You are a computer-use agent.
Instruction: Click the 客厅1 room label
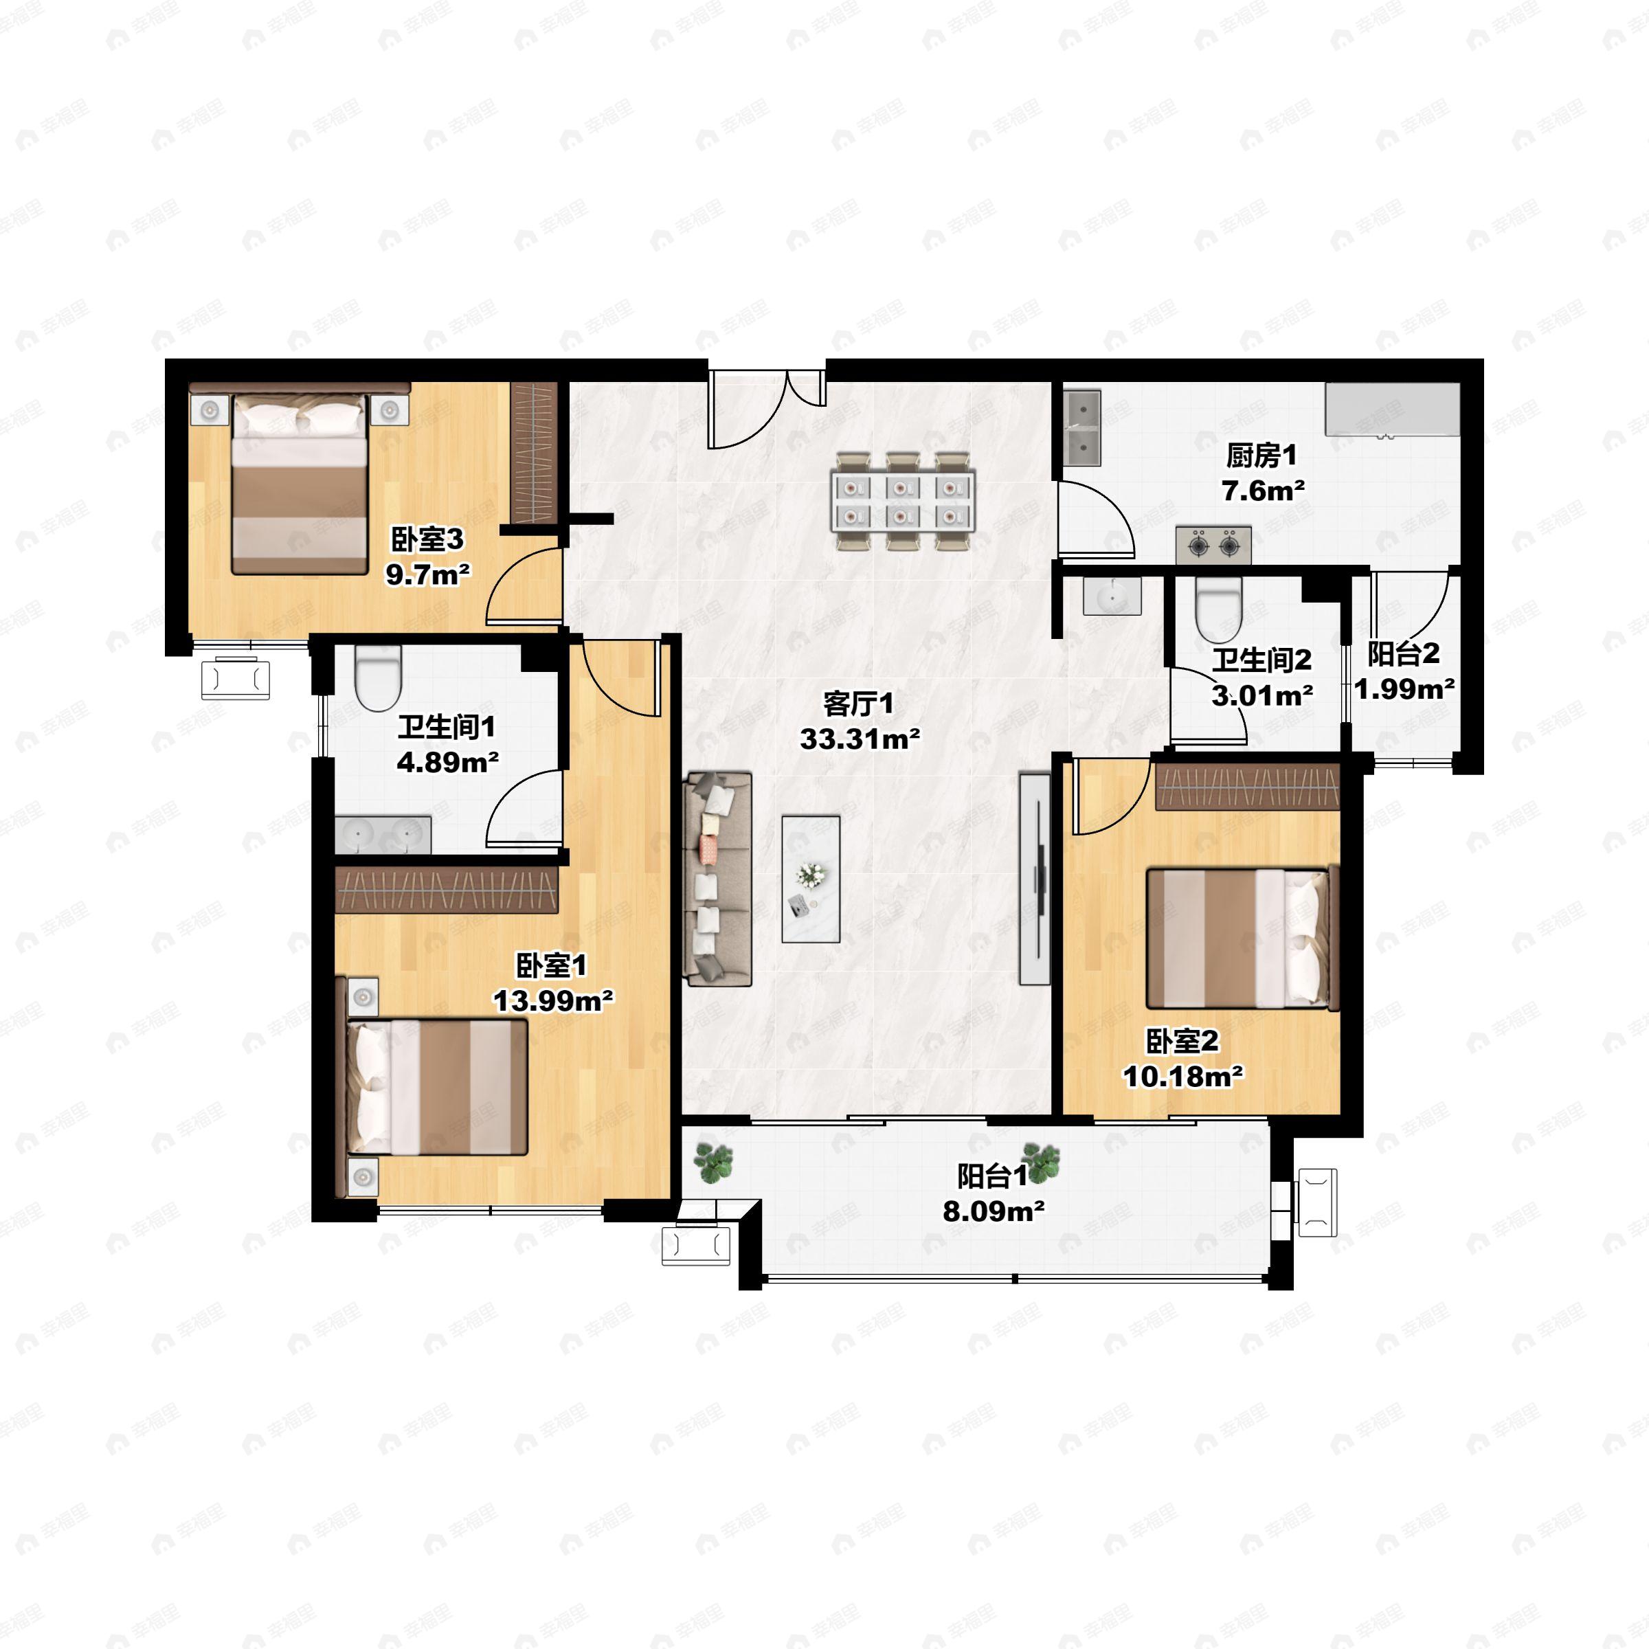pyautogui.click(x=859, y=704)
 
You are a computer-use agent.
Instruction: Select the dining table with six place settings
pyautogui.click(x=905, y=501)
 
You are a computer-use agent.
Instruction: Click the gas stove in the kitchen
pyautogui.click(x=1213, y=546)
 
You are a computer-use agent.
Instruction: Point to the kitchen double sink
pyautogui.click(x=1081, y=427)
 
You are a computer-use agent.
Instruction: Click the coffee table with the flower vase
pyautogui.click(x=811, y=879)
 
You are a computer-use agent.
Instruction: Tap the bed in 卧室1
pyautogui.click(x=437, y=1088)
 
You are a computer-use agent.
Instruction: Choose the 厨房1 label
pyautogui.click(x=1261, y=457)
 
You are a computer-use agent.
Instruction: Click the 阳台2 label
pyautogui.click(x=1404, y=655)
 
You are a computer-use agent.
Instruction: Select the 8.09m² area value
pyautogui.click(x=994, y=1211)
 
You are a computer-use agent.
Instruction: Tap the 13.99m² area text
pyautogui.click(x=554, y=1000)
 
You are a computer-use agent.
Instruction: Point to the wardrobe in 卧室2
pyautogui.click(x=1247, y=786)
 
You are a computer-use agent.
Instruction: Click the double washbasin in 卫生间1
pyautogui.click(x=383, y=835)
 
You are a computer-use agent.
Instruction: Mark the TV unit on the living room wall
pyautogui.click(x=1035, y=879)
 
